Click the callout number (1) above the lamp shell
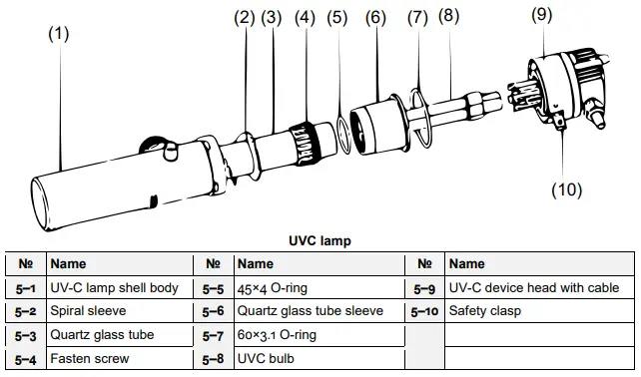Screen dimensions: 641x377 click(x=59, y=34)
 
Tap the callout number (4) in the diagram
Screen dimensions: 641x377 click(x=305, y=18)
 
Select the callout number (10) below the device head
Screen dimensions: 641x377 click(x=566, y=189)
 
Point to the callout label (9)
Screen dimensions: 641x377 click(x=542, y=15)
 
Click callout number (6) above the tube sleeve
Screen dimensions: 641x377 click(x=375, y=18)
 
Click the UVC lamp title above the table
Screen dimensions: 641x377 click(x=320, y=240)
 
